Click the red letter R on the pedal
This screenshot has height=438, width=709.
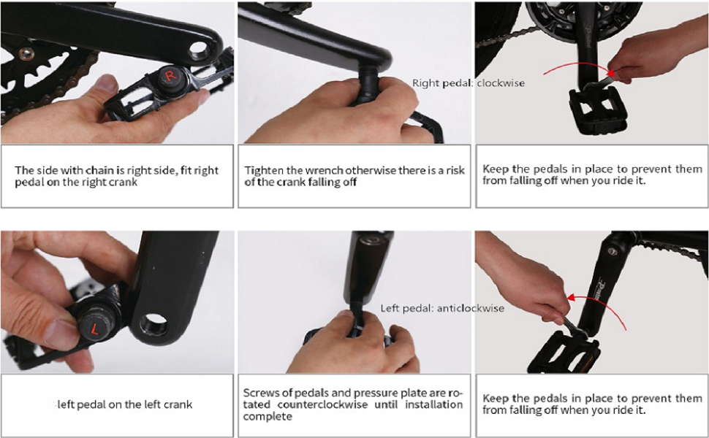170,75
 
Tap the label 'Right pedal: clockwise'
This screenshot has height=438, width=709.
469,83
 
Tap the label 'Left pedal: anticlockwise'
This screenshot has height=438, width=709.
442,308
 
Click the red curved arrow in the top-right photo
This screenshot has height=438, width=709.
577,66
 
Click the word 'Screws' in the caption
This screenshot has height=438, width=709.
260,392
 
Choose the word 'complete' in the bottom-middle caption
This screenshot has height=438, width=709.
268,417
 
